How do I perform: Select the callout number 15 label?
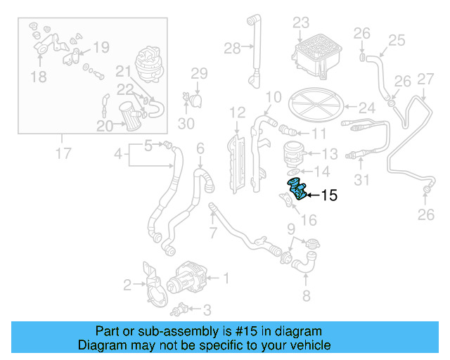329,195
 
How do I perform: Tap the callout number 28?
231,48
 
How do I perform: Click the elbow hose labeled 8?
307,264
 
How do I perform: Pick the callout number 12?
237,112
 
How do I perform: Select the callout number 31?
361,181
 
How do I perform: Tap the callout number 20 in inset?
105,126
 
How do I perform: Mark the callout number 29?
199,73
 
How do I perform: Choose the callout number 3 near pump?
206,309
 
